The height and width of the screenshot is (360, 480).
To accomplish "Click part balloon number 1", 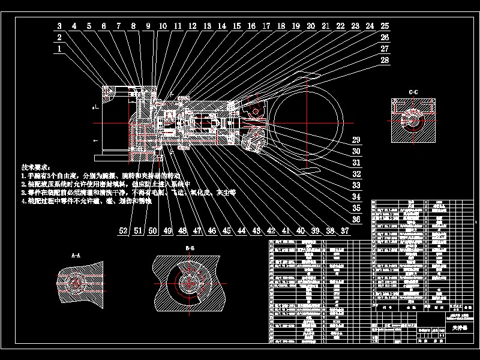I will (x=59, y=50).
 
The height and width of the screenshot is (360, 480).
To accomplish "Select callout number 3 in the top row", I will (x=59, y=26).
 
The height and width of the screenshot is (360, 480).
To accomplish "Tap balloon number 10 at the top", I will (x=163, y=26).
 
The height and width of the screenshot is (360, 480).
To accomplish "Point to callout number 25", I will (x=385, y=26).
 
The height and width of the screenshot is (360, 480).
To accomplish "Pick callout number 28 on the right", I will (x=385, y=61).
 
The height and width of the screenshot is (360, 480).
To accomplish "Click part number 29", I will (x=356, y=139).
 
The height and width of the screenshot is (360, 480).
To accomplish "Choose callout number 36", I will (x=356, y=220).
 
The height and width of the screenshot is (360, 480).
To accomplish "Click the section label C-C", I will (x=413, y=92).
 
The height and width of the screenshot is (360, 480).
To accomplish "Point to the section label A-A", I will (x=76, y=255).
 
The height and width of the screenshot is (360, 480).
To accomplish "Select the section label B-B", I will (x=190, y=248).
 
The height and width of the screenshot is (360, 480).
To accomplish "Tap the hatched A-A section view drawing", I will (x=79, y=283).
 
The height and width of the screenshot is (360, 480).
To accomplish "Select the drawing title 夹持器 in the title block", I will (x=458, y=328).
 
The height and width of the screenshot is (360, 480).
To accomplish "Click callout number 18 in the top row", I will (x=281, y=26).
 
